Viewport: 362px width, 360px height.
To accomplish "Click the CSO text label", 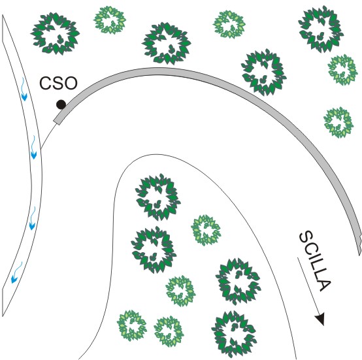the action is (x=58, y=84).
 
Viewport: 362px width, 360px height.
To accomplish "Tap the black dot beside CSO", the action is (x=61, y=105).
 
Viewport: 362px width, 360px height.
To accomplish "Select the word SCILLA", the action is (x=316, y=261).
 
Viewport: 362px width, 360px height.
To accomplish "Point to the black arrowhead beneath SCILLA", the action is (x=320, y=319).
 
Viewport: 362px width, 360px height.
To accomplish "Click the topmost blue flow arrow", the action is (x=24, y=90).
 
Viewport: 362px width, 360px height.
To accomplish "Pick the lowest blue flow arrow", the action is (x=16, y=272).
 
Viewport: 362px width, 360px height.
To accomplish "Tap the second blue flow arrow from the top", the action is (x=33, y=147).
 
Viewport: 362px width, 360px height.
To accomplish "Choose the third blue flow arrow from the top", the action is (x=32, y=218).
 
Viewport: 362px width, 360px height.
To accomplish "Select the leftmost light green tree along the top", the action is (x=110, y=20).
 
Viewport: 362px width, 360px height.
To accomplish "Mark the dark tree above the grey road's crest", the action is (x=167, y=43).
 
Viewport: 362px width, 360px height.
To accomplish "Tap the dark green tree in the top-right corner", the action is (x=321, y=29).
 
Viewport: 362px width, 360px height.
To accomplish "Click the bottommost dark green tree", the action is (x=234, y=334).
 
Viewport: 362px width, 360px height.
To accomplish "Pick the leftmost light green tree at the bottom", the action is (x=132, y=325).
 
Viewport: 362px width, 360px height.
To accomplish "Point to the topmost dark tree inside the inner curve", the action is (x=158, y=197).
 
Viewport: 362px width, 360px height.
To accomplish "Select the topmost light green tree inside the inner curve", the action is (x=206, y=230).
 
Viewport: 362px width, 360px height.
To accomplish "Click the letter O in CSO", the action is (x=70, y=84).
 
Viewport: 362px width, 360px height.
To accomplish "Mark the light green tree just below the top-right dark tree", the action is (x=343, y=70).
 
